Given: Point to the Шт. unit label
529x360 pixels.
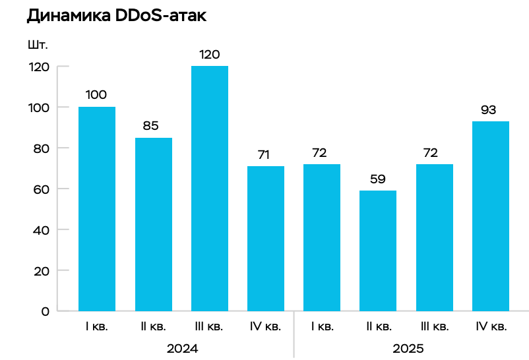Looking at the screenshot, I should tap(38, 45).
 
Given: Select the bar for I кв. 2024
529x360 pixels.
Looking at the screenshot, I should tap(97, 208).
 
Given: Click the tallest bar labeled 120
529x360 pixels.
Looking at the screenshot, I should tap(210, 188).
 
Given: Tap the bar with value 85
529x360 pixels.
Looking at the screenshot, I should tap(154, 224).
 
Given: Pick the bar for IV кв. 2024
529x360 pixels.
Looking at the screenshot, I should tap(266, 238).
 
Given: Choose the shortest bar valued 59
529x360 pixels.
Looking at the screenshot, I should tap(378, 251).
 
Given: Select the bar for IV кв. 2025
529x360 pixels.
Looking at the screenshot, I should tap(491, 216).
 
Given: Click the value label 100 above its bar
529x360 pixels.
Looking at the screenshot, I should tap(96, 95).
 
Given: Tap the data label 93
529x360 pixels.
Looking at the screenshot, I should tap(489, 109).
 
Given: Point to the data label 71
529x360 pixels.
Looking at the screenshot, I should tap(264, 154).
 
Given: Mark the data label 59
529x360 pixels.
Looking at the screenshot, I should tap(377, 179).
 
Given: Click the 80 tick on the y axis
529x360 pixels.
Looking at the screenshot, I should tap(42, 148).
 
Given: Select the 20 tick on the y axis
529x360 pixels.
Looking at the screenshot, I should tap(42, 270).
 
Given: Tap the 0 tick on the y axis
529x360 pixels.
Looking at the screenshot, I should tap(46, 311).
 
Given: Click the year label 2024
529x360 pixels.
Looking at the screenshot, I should tap(181, 347).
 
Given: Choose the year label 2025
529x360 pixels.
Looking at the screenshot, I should tap(407, 347).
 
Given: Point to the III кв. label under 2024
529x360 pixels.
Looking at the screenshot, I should tap(210, 326).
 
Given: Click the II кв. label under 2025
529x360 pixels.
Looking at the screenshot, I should tap(379, 326).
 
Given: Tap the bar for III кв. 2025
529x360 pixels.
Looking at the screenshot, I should tap(435, 237).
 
